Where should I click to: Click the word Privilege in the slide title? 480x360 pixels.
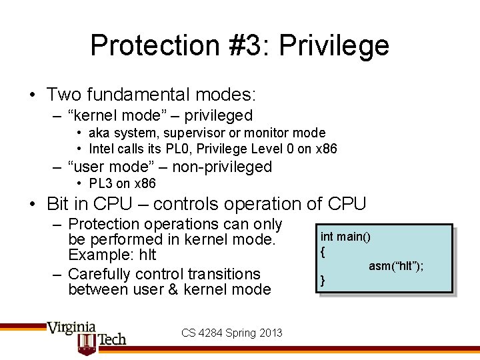(334, 46)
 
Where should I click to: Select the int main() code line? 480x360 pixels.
(345, 237)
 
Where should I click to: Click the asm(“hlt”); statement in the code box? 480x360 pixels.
(396, 266)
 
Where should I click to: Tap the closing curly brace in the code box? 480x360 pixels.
(323, 281)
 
